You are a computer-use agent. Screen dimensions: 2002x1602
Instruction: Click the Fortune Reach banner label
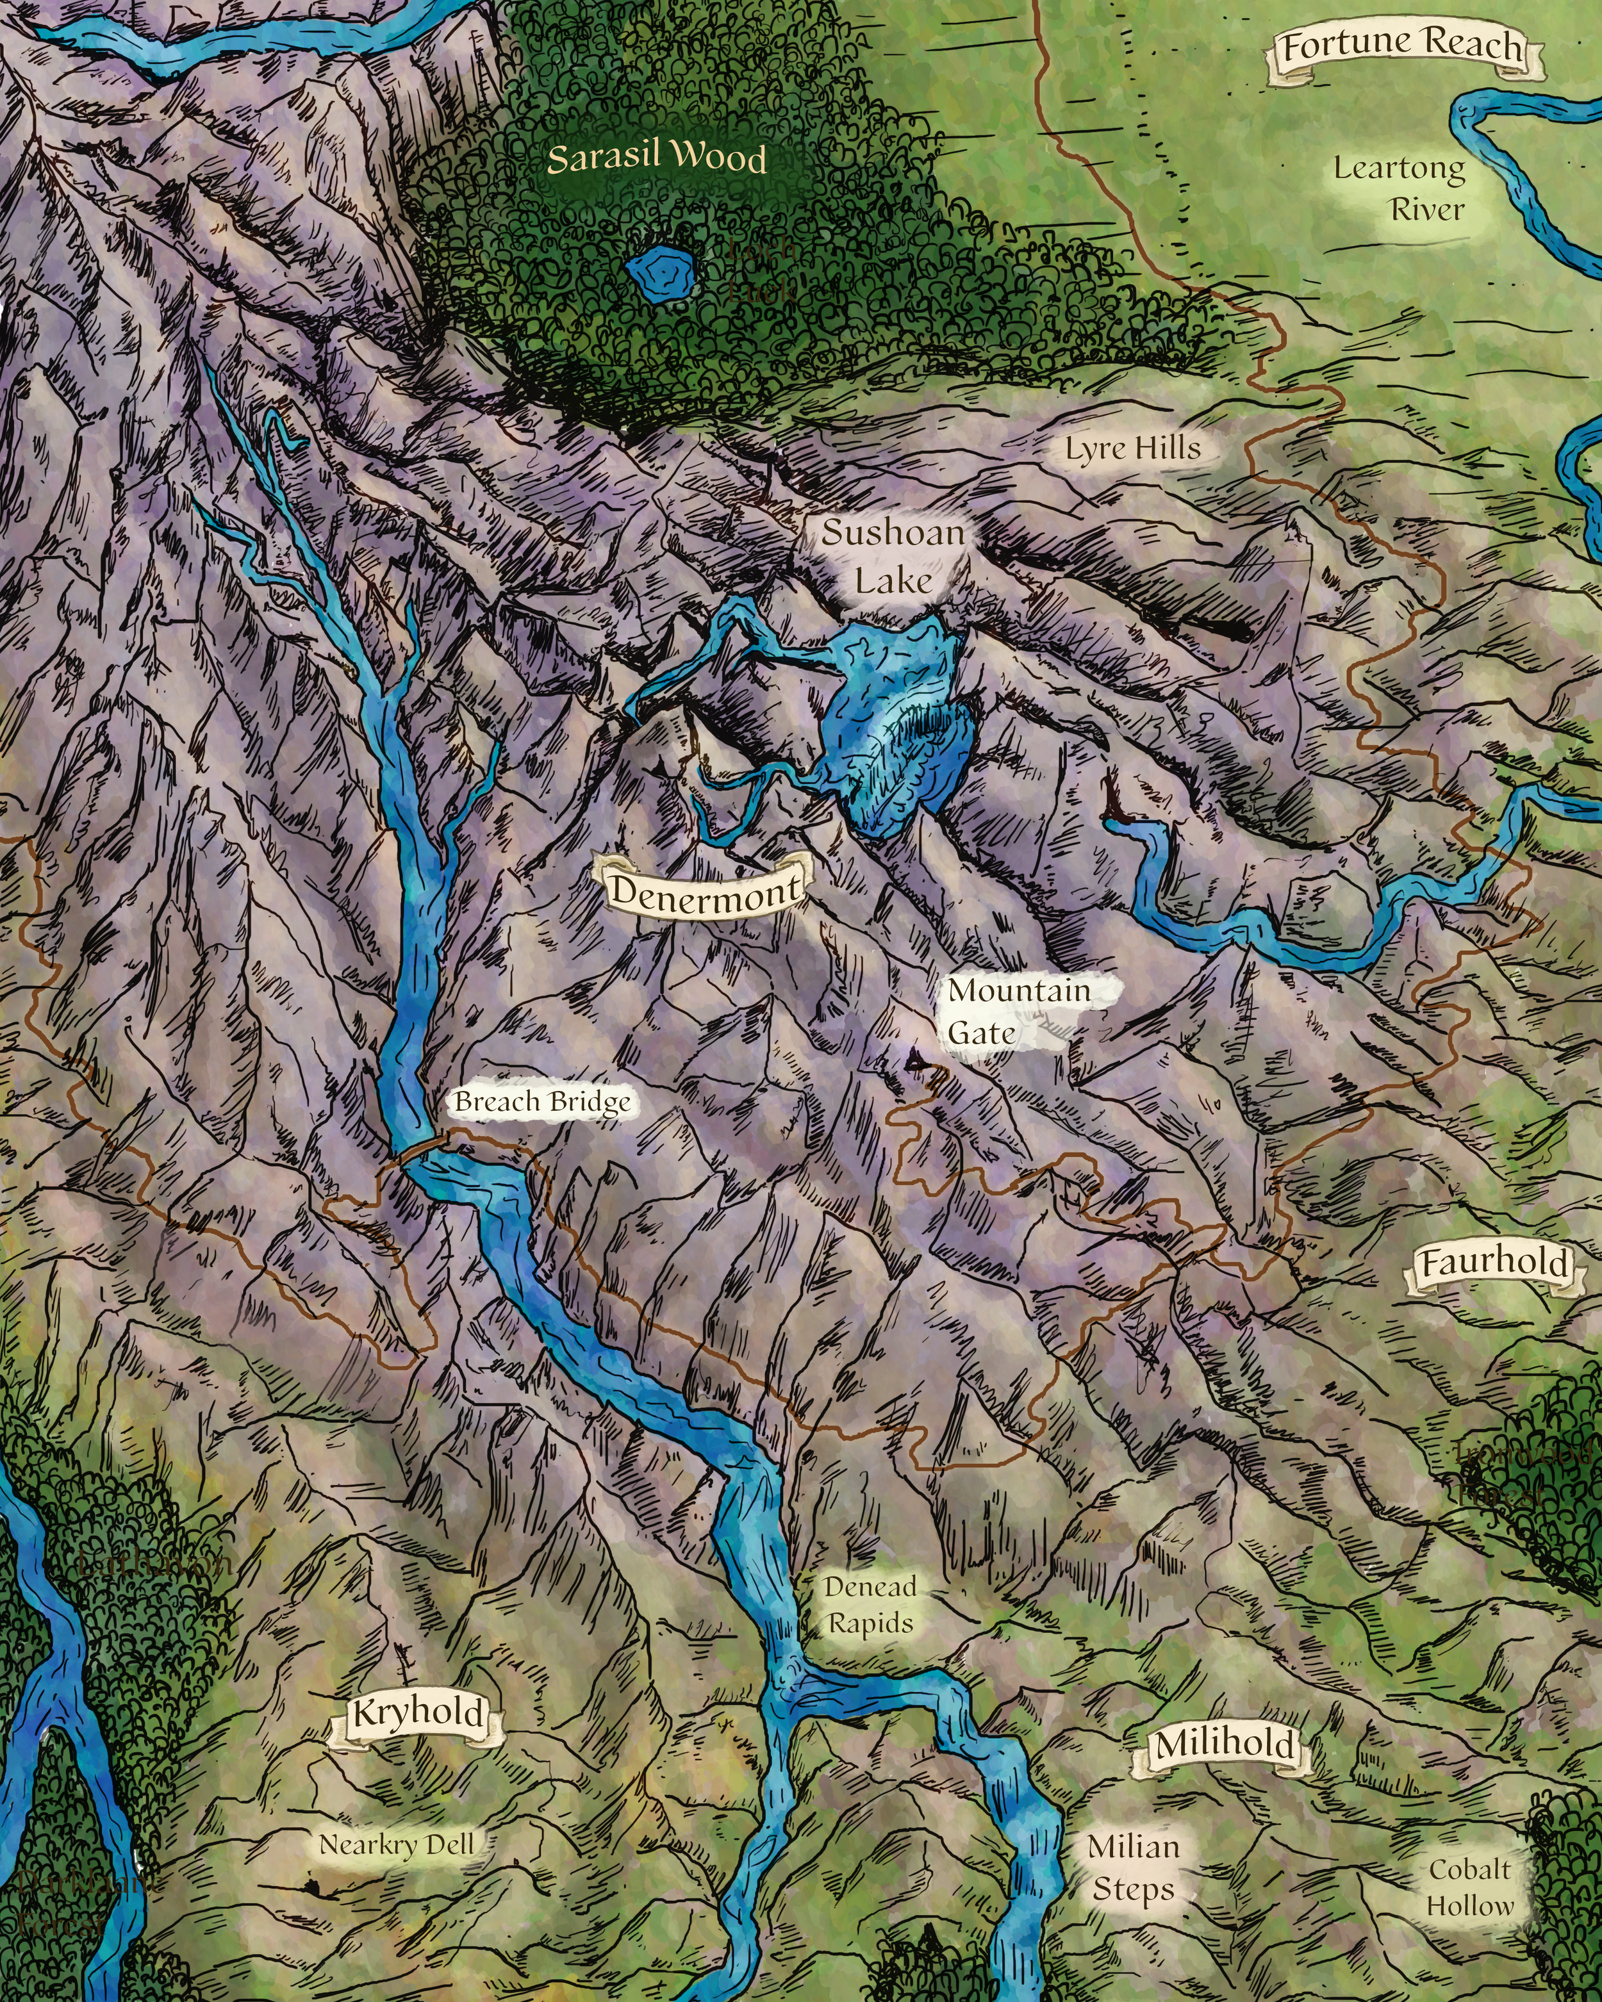pos(1402,46)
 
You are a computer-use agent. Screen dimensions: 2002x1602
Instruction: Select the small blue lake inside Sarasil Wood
pos(661,271)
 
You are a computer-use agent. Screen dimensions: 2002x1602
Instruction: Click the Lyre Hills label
pos(1132,450)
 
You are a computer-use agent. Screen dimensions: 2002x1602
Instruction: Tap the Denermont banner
pos(704,891)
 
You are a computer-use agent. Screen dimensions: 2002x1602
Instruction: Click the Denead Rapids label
pos(870,1605)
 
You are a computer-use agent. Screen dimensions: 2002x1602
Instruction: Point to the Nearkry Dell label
pos(397,1845)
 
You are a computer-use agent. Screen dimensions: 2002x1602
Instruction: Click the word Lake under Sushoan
pos(893,582)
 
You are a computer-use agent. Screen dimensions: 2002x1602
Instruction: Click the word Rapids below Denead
pos(870,1624)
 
